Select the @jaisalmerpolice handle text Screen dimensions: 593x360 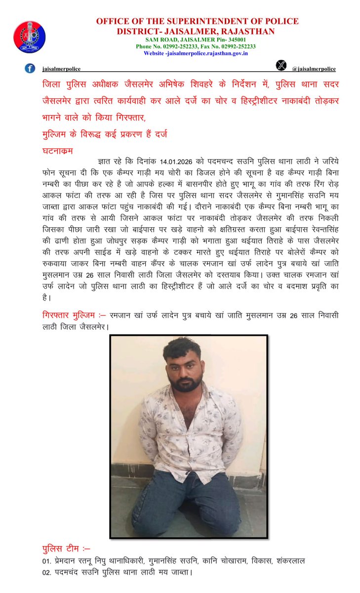click(314, 69)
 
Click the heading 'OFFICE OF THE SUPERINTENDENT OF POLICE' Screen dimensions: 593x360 click(197, 21)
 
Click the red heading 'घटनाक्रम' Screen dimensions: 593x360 click(57, 148)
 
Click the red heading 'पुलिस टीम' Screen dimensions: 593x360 click(59, 548)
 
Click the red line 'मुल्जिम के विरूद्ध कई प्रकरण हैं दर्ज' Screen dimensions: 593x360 click(105, 133)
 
